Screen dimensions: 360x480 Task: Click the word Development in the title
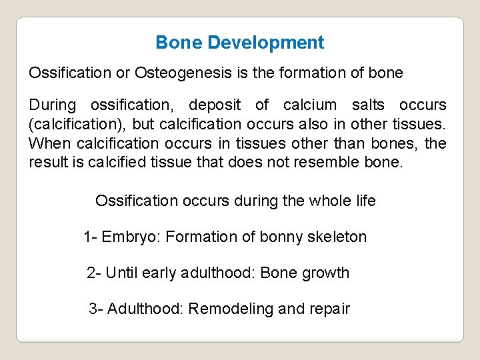coord(265,43)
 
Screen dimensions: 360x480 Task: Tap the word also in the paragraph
coord(317,125)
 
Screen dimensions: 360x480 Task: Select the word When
coord(51,144)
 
